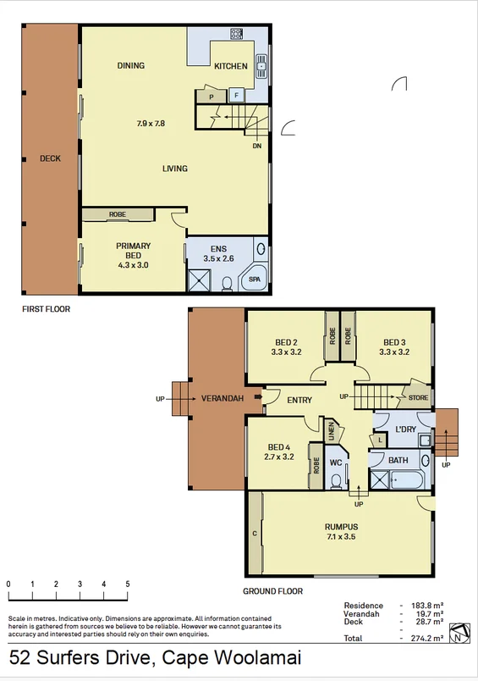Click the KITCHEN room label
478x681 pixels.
point(230,66)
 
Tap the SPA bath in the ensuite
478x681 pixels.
point(254,279)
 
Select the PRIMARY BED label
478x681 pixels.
point(132,250)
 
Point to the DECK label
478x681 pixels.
point(50,158)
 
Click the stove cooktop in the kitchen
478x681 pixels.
point(236,35)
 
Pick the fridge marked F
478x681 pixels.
point(236,96)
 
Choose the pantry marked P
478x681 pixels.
point(211,97)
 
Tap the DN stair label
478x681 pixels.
point(256,146)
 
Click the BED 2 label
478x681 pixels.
point(286,341)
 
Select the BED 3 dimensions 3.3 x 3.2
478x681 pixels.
point(394,352)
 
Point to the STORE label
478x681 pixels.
point(418,397)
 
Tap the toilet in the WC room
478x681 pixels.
point(336,480)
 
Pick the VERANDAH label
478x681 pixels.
point(223,399)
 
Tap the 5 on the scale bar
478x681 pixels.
point(128,584)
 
